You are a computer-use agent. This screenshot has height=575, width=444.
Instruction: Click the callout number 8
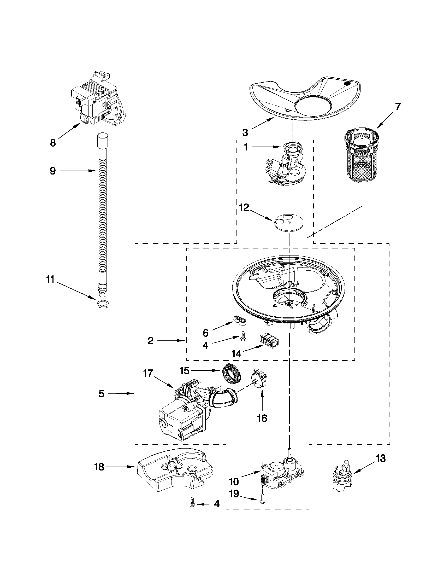(53, 143)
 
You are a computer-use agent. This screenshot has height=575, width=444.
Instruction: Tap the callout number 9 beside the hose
(53, 171)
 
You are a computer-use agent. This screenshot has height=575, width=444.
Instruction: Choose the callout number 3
(245, 132)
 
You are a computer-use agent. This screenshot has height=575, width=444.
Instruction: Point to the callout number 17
(148, 373)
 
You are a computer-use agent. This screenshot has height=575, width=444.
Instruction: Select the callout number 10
(234, 482)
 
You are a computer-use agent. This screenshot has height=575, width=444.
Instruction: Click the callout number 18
(99, 467)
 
